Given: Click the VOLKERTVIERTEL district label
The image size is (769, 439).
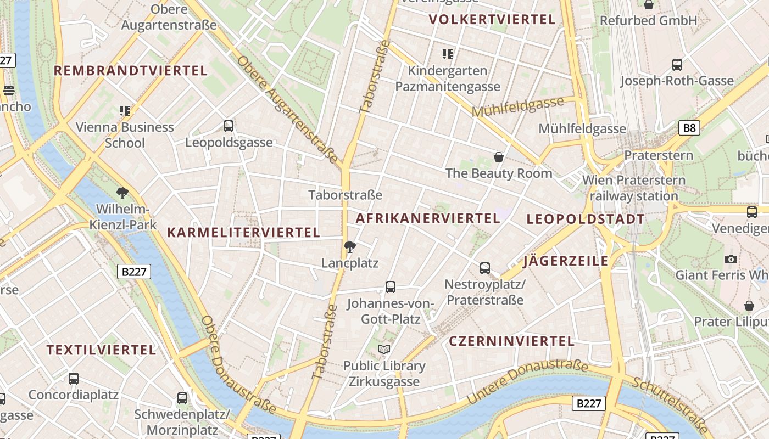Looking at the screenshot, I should pos(492,20).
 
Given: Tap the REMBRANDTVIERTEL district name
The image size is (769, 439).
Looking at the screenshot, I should pos(131,71).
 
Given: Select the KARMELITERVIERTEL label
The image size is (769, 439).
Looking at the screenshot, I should pos(243,233).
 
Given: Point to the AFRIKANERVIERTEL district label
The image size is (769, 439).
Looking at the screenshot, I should pos(428,218).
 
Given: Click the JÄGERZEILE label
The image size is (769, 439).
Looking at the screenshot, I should pos(566,261).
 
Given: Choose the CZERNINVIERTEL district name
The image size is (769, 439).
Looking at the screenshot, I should pos(512,341).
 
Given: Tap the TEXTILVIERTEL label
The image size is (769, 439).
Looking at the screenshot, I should pos(102,350).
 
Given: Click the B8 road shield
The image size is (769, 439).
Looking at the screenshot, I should pos(689,128).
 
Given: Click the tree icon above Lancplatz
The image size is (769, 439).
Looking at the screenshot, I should pos(349,247).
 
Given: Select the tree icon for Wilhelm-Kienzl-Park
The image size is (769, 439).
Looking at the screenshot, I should pos(122,193).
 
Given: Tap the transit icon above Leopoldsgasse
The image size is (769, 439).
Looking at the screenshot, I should pos(229,126).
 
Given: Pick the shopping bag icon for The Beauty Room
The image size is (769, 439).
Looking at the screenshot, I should pos(499,157).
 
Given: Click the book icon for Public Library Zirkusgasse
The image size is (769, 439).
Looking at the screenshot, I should pos(384,350).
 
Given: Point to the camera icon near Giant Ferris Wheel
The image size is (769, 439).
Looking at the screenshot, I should pos(731,259).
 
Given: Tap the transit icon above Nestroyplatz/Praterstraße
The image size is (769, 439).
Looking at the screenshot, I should pos(485,268).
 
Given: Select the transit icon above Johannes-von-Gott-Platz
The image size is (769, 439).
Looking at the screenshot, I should pos(391,287).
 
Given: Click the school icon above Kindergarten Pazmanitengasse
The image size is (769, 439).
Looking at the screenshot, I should pos(448,54).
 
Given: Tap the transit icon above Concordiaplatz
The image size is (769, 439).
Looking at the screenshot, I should pos(74,379).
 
